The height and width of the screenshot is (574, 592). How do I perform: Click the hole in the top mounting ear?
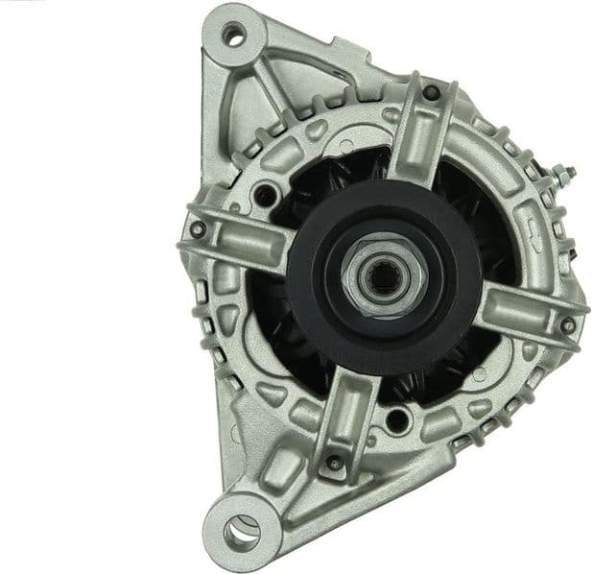pos(230,36)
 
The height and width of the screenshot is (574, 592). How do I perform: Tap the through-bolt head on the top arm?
pos(431,92)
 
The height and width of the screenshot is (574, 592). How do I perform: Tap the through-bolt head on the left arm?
pos(198,229)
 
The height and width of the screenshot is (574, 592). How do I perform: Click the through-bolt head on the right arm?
pos(568,324)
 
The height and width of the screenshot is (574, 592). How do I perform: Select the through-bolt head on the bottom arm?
pos(333,463)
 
